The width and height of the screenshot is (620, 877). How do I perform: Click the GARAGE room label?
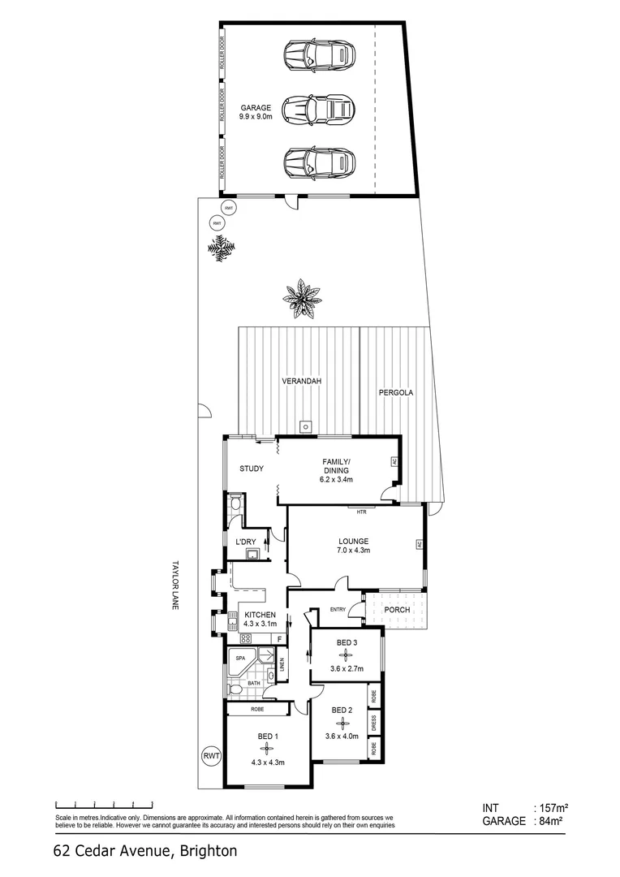[255, 107]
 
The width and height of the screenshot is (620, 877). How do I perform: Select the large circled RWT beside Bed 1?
[212, 756]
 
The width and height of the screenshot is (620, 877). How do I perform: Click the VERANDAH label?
[298, 381]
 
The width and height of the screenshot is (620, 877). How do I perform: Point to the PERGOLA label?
[396, 392]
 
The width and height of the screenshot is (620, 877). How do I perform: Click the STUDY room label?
[251, 469]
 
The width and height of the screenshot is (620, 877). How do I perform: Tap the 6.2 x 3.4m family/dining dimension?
[335, 479]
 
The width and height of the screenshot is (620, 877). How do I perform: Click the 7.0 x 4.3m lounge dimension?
[354, 551]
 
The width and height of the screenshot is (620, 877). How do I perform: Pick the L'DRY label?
[245, 542]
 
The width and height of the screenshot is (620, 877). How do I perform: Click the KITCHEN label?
[260, 614]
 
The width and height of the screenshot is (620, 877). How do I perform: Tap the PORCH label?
[397, 610]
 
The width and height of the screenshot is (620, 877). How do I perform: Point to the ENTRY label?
[338, 611]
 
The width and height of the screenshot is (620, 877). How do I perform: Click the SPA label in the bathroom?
[240, 658]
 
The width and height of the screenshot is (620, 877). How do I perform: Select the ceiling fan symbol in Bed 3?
[346, 654]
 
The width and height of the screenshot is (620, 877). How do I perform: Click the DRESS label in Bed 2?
[374, 724]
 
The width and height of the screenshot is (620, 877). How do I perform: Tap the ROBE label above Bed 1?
[257, 709]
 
